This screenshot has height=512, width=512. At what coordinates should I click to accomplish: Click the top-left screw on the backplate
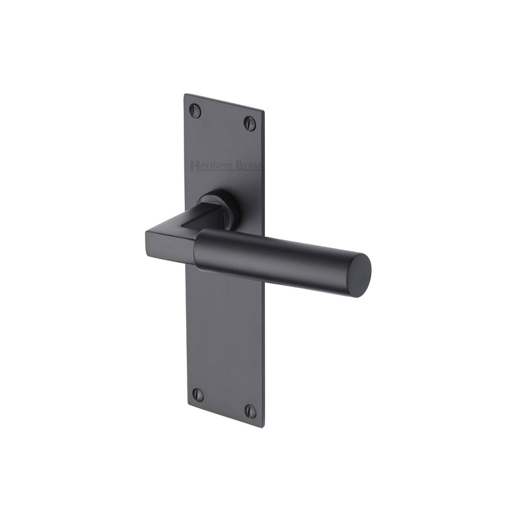click(196, 111)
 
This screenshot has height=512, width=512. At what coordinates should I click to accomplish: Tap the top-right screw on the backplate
click(250, 123)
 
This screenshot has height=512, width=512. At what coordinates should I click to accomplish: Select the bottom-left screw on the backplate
click(198, 395)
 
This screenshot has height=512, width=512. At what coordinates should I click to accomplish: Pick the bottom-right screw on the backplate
click(250, 411)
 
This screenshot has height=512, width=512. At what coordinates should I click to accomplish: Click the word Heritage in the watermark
click(211, 166)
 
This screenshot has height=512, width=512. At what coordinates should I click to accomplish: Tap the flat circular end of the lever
click(360, 275)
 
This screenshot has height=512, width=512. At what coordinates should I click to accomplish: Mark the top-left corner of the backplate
click(186, 95)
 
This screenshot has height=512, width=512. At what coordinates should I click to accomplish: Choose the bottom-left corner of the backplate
click(186, 406)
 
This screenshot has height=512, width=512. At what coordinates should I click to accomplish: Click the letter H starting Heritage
click(194, 166)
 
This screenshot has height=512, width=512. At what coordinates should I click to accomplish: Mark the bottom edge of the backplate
click(224, 417)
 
